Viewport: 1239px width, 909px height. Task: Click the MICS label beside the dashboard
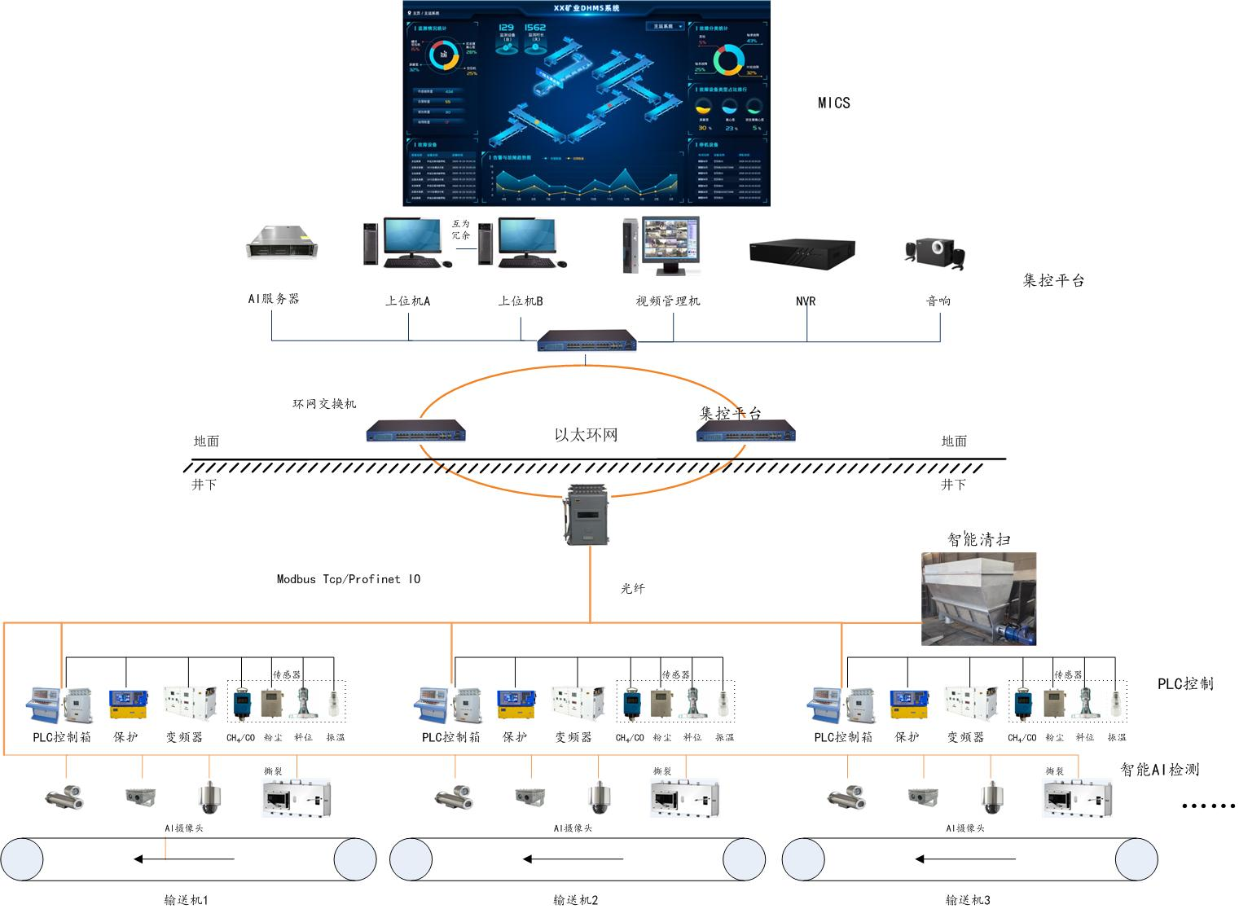coord(833,103)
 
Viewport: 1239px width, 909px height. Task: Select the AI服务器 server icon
coord(282,243)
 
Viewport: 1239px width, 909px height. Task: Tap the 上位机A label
coord(407,301)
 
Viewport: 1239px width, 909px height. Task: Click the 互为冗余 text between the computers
coord(461,229)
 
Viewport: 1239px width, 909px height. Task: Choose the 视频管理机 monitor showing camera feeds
coord(670,244)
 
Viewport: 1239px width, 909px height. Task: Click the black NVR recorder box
coord(802,253)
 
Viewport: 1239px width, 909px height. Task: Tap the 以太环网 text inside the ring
coord(586,435)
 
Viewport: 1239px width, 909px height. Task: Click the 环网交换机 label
coord(324,404)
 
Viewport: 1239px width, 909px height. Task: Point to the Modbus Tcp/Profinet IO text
coord(349,579)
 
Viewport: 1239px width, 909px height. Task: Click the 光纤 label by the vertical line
coord(632,588)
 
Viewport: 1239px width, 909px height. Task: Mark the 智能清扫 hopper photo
coord(978,599)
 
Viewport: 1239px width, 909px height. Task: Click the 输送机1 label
coord(186,900)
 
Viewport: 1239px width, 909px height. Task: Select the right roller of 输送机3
coord(1136,859)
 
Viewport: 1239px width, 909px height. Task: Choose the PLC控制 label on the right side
coord(1185,684)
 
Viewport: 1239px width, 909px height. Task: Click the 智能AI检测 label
coord(1159,769)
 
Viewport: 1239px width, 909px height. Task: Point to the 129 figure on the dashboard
coord(506,28)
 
